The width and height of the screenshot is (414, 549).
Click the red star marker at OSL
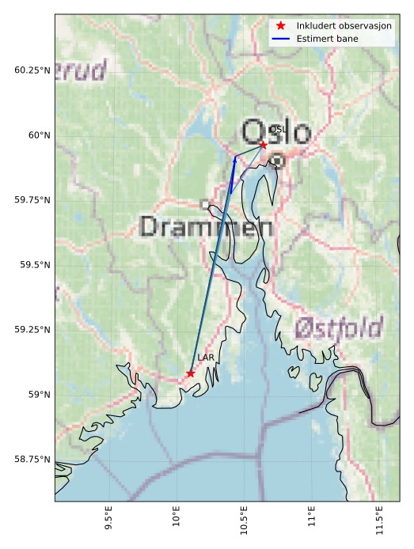[x=263, y=145]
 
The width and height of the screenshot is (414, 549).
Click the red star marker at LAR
[x=191, y=373]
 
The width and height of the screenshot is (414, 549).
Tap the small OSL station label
[x=277, y=130]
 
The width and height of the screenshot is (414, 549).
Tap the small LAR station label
[x=206, y=358]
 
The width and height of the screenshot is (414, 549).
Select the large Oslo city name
[x=276, y=133]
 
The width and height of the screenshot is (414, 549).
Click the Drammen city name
[x=207, y=227]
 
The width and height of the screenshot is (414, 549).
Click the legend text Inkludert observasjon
[x=344, y=26]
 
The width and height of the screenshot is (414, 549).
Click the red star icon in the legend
[x=281, y=26]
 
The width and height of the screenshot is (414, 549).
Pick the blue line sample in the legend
[x=281, y=39]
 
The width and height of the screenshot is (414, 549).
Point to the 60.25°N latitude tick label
[x=32, y=70]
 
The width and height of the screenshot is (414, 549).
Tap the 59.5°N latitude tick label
[x=35, y=265]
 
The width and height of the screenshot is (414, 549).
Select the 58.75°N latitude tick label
[x=32, y=460]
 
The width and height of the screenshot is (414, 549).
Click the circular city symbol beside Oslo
[x=277, y=161]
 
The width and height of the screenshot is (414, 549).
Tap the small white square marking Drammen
[x=205, y=204]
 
